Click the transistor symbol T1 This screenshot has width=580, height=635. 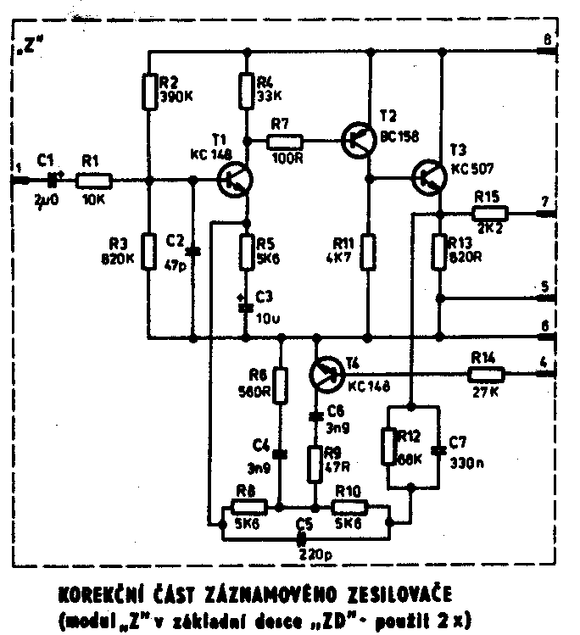[233, 179]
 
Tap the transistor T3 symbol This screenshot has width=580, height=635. [427, 179]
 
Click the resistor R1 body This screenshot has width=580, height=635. [93, 179]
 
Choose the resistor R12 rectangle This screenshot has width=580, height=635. [388, 446]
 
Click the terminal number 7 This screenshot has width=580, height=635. [546, 202]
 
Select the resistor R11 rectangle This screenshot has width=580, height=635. [368, 252]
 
